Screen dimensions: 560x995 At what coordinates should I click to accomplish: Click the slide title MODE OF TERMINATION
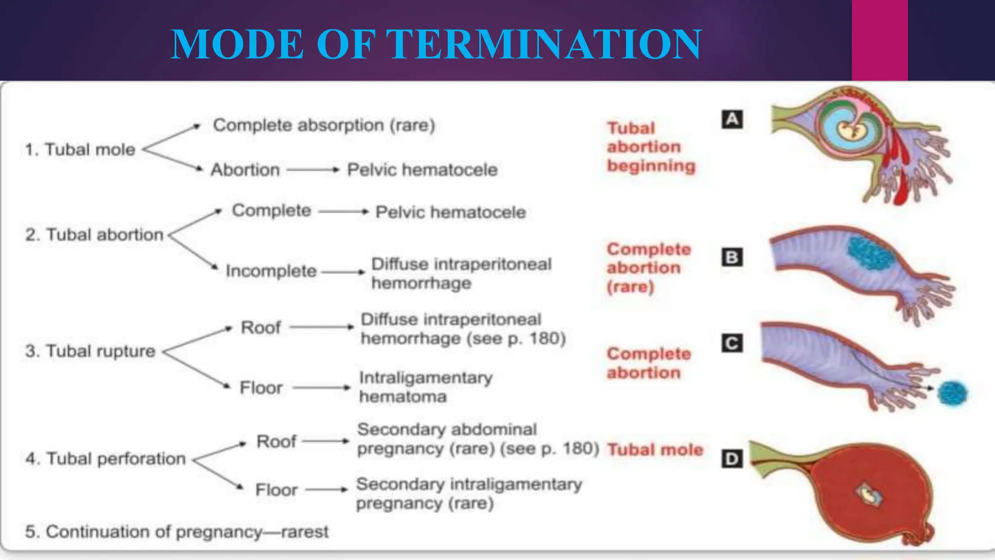[436, 44]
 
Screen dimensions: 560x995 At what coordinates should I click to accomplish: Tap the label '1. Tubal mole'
[81, 149]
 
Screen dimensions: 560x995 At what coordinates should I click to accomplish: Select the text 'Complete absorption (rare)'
[324, 125]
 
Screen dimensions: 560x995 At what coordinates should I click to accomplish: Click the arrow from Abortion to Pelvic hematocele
[312, 170]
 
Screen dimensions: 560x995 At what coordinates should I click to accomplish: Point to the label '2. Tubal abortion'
[95, 235]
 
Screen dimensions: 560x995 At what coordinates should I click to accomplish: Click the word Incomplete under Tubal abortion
[271, 271]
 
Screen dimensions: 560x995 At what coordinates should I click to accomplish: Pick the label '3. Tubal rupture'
[90, 351]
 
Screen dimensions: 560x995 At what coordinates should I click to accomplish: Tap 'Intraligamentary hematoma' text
[425, 387]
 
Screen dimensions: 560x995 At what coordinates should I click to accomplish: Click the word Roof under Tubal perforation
[276, 441]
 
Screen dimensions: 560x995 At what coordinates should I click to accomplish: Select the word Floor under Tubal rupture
[261, 388]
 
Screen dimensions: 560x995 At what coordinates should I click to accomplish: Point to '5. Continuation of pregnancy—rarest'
[177, 531]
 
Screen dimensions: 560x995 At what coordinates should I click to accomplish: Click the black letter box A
[732, 119]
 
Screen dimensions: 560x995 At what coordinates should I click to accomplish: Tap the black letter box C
[732, 343]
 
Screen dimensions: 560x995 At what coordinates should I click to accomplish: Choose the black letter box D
[732, 458]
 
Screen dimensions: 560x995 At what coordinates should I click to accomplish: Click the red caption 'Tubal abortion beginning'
[651, 147]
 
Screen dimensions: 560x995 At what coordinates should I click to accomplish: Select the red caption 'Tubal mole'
[655, 450]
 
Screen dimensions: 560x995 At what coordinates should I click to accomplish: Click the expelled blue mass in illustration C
[952, 393]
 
